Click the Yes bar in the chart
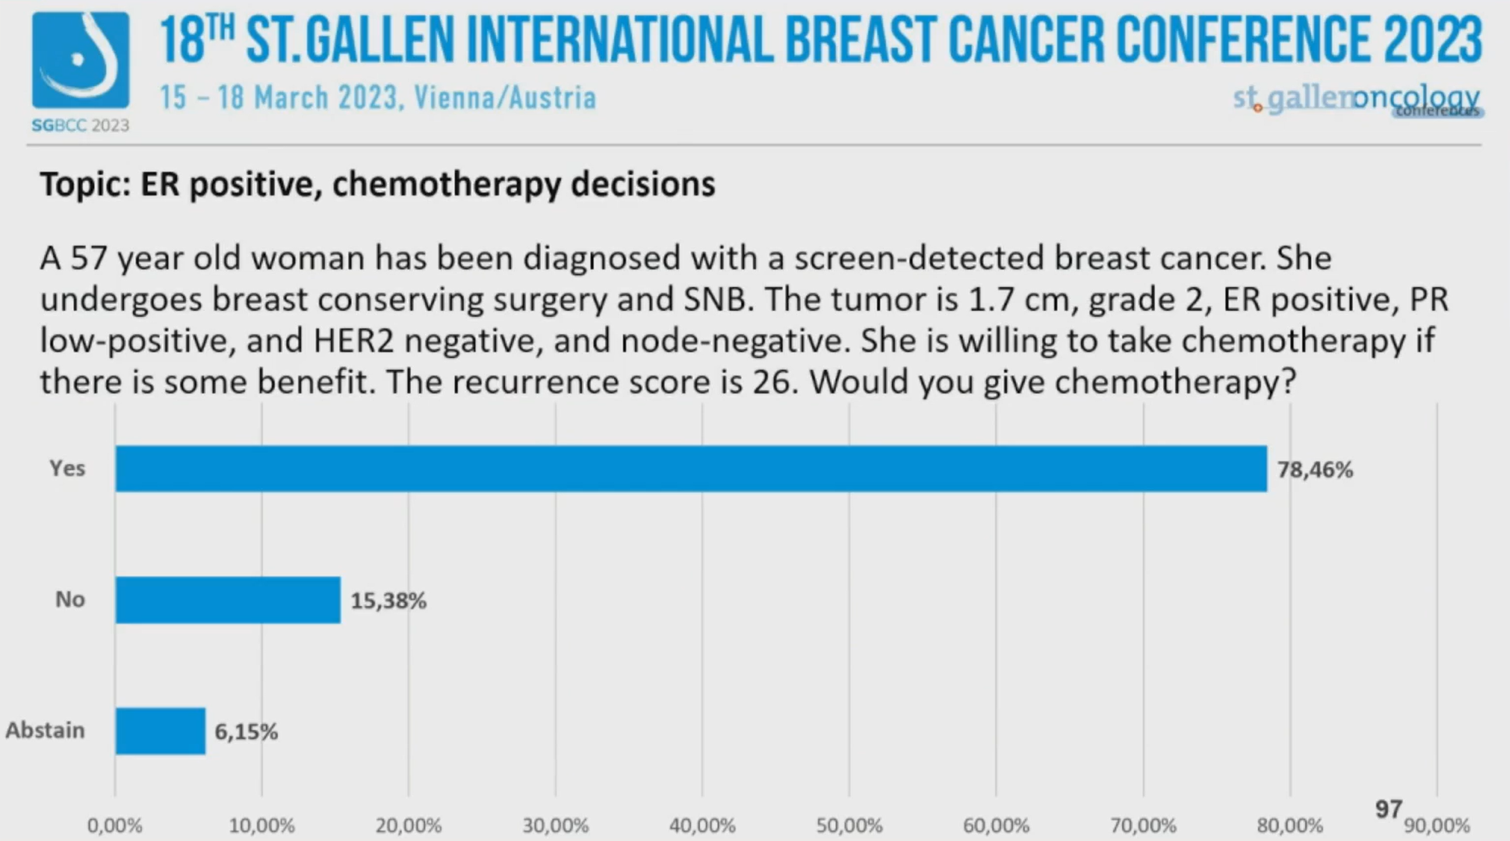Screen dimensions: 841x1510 [691, 468]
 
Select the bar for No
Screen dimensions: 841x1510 [227, 600]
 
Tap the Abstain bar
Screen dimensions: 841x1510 [160, 731]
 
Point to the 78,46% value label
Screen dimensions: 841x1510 [1315, 470]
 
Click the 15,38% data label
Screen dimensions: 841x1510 [388, 601]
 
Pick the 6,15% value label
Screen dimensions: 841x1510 [246, 732]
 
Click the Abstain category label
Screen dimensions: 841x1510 [45, 730]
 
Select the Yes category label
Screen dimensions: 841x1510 [68, 468]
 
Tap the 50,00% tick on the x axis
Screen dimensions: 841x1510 [849, 826]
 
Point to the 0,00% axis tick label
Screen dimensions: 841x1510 [115, 826]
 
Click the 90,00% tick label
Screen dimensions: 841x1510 [1437, 826]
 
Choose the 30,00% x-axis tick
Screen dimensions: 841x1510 [555, 826]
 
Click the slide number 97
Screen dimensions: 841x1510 [1388, 810]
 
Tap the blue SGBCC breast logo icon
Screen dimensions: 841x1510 [80, 61]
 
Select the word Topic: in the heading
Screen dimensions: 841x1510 [85, 184]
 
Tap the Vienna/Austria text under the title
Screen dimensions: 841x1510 [504, 97]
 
